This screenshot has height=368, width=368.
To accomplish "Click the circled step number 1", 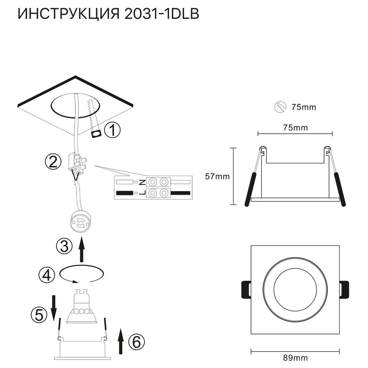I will click(113, 130).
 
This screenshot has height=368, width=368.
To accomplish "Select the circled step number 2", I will click(53, 162).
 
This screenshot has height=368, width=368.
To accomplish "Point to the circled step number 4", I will click(47, 274).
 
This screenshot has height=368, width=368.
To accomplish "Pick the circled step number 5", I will click(39, 314).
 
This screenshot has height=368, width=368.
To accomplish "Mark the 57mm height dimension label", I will click(217, 176).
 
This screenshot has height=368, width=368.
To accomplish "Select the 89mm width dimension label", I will click(296, 357).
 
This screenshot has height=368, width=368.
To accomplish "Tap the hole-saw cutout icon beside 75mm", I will click(280, 107).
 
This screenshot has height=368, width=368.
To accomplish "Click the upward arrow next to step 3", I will click(82, 249).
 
